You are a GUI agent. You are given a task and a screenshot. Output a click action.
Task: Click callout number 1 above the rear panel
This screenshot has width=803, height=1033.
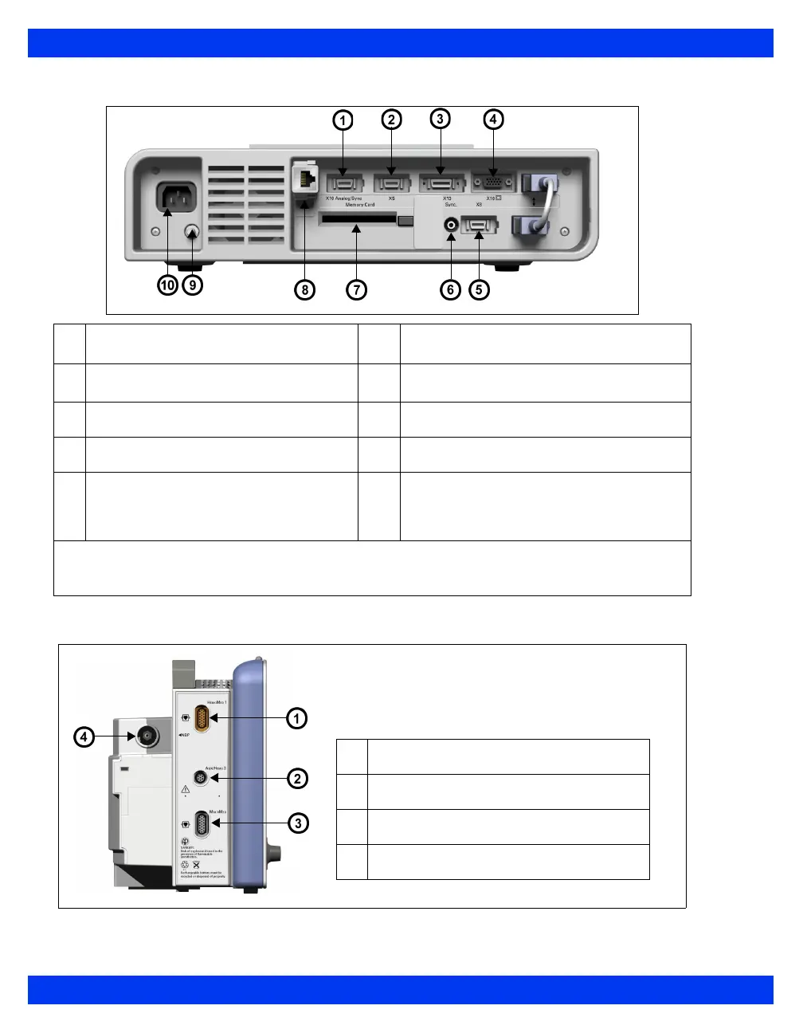coord(343,120)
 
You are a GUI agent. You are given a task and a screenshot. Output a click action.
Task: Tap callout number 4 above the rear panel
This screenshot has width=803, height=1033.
coord(493,120)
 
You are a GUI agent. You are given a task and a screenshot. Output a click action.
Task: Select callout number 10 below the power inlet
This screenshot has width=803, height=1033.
coord(167,285)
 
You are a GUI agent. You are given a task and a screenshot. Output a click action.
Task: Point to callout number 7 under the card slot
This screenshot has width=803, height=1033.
coord(357,289)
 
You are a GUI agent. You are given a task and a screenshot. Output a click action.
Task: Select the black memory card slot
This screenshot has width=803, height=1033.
coord(358,218)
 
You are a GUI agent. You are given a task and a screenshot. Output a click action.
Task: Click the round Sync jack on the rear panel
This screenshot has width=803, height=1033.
coord(452,226)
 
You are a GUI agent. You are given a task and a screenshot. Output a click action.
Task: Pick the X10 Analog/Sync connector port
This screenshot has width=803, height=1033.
coord(344,183)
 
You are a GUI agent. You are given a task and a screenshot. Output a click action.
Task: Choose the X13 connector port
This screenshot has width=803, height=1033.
coord(441,183)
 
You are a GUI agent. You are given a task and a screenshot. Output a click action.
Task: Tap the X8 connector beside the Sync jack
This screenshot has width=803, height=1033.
coord(479,226)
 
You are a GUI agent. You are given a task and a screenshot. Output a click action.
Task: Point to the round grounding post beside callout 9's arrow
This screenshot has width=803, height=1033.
coord(192,233)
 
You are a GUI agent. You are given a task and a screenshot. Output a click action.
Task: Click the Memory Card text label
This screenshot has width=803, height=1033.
coord(360,205)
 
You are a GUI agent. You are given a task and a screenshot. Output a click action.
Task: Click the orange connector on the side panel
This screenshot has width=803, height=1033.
coord(202,719)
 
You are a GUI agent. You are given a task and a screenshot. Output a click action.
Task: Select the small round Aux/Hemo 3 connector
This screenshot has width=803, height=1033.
coord(202,777)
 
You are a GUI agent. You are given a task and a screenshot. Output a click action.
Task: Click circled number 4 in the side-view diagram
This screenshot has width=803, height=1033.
coord(84,737)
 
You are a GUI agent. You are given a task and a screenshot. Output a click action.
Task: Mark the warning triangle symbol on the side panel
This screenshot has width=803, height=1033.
coord(185,788)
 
